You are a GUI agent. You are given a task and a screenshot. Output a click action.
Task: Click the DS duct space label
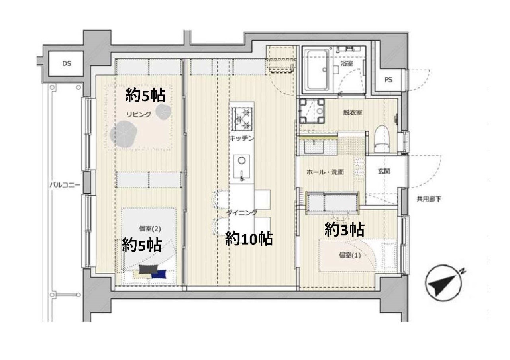(x=67, y=63)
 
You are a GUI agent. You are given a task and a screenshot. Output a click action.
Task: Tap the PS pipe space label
(x=388, y=80)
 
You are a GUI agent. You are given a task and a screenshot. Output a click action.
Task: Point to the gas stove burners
(x=242, y=119)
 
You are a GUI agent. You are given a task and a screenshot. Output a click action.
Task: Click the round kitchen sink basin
(x=241, y=161)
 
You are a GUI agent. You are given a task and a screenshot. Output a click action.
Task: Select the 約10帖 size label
(x=249, y=239)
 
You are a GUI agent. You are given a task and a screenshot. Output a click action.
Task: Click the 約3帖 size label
(x=344, y=229)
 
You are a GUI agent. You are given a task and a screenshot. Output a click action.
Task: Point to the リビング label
(x=139, y=114)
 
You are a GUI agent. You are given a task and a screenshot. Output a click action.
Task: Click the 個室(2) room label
(x=150, y=229)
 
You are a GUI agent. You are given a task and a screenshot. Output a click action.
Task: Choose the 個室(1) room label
(x=350, y=256)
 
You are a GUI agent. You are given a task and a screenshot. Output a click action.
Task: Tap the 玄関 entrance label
(x=384, y=171)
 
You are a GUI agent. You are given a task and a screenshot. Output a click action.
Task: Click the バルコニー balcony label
(x=65, y=185)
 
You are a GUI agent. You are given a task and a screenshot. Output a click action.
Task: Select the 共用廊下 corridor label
(x=429, y=200)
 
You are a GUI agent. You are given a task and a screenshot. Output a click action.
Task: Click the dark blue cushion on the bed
(x=159, y=274)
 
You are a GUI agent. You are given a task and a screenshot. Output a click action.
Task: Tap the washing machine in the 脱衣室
(x=312, y=111)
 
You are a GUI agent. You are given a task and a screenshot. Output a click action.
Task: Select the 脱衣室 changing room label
(x=353, y=113)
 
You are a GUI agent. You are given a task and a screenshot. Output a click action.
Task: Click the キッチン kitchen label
(x=241, y=138)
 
